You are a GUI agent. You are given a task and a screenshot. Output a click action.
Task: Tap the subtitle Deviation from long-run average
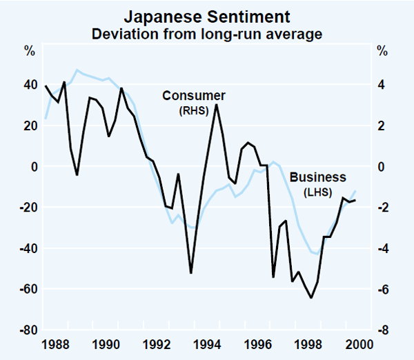pyautogui.click(x=206, y=32)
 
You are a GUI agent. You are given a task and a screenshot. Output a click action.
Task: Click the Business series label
pyautogui.click(x=317, y=177)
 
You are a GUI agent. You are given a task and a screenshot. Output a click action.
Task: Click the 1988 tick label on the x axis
pyautogui.click(x=56, y=344)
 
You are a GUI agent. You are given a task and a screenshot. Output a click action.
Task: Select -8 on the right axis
pyautogui.click(x=379, y=330)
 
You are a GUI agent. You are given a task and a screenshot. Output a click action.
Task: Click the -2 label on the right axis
pyautogui.click(x=379, y=208)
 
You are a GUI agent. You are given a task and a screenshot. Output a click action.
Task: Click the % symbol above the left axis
pyautogui.click(x=30, y=51)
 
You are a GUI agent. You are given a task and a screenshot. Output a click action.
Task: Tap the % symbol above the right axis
pyautogui.click(x=382, y=51)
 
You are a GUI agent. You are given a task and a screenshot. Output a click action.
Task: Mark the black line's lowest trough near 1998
pyautogui.click(x=311, y=297)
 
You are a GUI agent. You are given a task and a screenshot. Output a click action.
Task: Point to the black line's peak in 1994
pyautogui.click(x=217, y=104)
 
